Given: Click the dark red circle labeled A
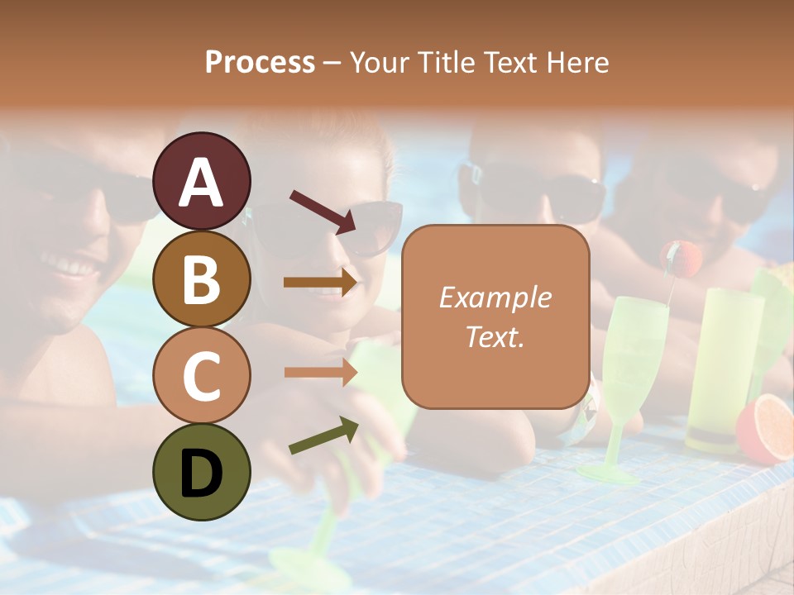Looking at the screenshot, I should coord(201,181).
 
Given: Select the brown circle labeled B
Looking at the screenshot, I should coord(201,278).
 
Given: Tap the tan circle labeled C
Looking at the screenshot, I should coord(201,375).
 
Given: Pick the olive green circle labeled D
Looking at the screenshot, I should coord(201,472).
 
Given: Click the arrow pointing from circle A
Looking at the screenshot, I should coord(323,212).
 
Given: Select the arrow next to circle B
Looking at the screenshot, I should coord(320,283).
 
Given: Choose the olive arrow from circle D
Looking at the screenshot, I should coord(323,436).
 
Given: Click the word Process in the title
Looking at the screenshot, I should coord(260,62).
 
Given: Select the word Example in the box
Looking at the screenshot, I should coord(495,297).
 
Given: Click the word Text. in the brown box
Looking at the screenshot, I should coord(495,336).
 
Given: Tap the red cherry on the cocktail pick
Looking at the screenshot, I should coord(682,258).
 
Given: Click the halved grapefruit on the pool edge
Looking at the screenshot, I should coord(767,427).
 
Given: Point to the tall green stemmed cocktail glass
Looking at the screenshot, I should coord(633,355).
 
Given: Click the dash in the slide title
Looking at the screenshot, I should coord(332,64).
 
